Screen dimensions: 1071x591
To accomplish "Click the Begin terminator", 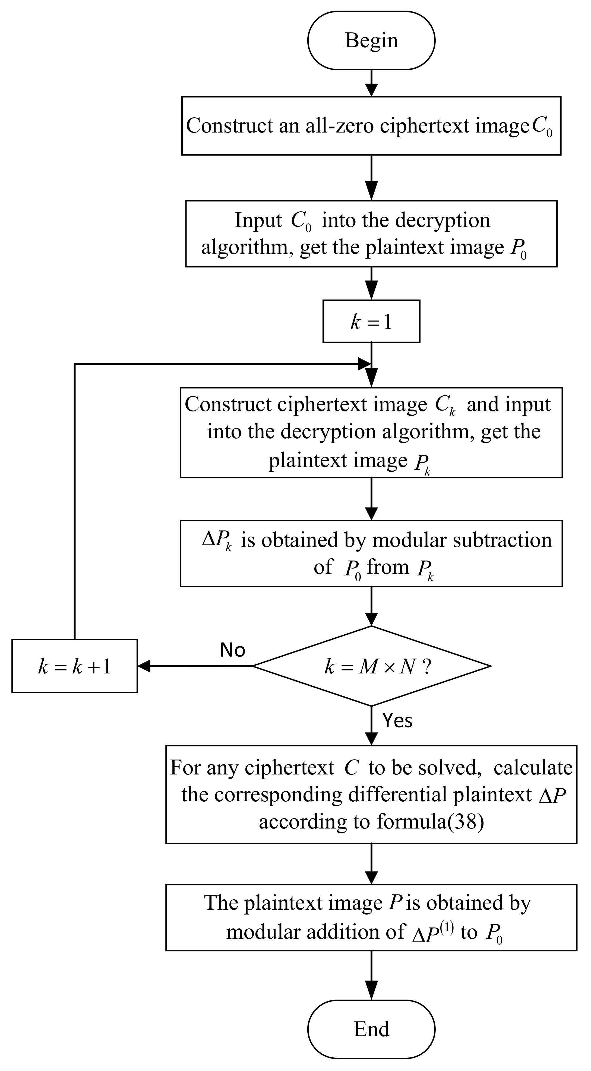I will tap(371, 40).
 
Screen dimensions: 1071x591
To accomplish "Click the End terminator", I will tap(371, 1029).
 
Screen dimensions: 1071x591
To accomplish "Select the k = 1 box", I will tap(371, 322).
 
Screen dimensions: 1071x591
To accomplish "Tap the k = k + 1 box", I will tap(74, 666).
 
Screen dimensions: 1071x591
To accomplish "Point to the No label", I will tap(233, 650).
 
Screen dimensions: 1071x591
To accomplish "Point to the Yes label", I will tap(397, 720).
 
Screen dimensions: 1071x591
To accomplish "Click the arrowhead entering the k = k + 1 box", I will tap(143, 666).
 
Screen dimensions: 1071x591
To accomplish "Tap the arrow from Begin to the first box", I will tap(371, 83).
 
